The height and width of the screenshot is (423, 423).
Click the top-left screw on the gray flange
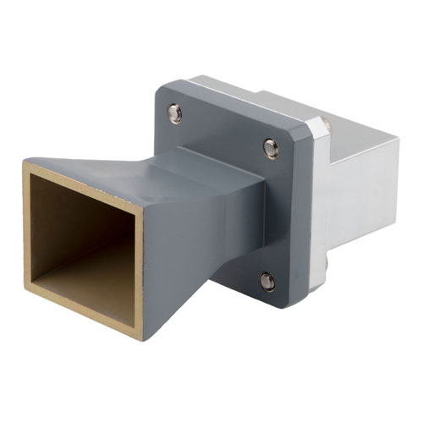(x=175, y=113)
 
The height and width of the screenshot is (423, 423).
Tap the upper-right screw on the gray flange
(x=271, y=149)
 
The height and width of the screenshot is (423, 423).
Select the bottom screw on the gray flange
(x=267, y=281)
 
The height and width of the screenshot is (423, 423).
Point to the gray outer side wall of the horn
(x=169, y=254)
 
